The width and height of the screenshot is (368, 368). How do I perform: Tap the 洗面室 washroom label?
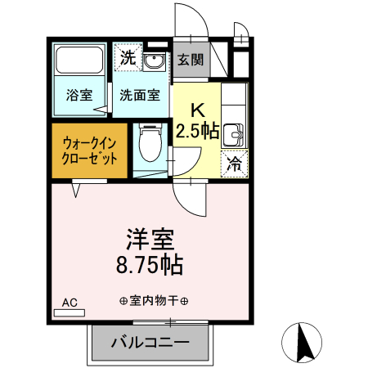click(x=140, y=94)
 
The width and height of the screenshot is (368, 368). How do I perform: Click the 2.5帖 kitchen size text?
click(x=197, y=131)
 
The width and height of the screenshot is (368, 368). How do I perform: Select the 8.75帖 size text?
click(x=150, y=265)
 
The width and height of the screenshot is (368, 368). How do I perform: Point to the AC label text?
click(x=70, y=302)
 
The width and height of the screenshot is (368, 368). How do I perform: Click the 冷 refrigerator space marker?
click(x=233, y=164)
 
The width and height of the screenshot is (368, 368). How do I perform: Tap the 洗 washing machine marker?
click(x=128, y=57)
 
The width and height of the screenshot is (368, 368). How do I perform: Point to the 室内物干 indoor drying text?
click(x=154, y=300)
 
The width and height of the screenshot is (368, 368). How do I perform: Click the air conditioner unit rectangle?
click(x=70, y=312)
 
